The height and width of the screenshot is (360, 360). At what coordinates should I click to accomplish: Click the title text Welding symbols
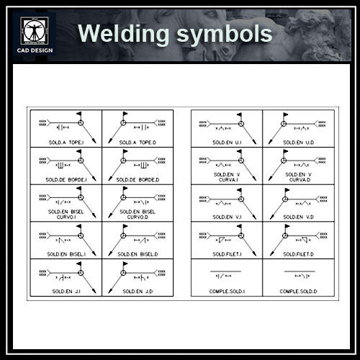click(175, 34)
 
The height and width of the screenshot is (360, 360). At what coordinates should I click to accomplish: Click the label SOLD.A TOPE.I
click(67, 142)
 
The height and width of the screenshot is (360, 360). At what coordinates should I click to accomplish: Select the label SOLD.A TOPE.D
click(135, 142)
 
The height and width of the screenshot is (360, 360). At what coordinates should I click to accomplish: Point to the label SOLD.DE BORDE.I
click(67, 179)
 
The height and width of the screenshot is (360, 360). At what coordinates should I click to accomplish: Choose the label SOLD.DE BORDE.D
click(135, 179)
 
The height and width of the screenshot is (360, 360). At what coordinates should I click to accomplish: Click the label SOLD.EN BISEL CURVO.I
click(67, 215)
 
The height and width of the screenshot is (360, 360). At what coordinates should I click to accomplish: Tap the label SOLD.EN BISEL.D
click(135, 253)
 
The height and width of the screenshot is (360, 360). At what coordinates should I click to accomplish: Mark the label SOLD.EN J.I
click(67, 291)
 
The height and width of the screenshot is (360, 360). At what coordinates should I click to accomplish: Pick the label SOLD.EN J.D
click(135, 291)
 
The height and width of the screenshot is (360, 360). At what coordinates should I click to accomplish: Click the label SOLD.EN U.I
click(228, 142)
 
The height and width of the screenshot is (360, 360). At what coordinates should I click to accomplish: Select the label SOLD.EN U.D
click(298, 142)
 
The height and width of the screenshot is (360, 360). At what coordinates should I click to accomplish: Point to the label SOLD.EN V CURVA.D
click(298, 177)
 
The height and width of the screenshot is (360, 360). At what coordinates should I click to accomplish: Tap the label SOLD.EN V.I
click(228, 217)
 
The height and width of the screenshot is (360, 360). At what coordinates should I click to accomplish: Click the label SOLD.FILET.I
click(228, 253)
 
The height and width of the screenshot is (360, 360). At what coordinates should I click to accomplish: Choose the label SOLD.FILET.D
click(298, 253)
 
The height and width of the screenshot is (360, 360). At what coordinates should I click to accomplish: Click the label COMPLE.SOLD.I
click(228, 291)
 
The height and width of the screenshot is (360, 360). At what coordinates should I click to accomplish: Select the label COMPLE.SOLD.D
click(298, 291)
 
